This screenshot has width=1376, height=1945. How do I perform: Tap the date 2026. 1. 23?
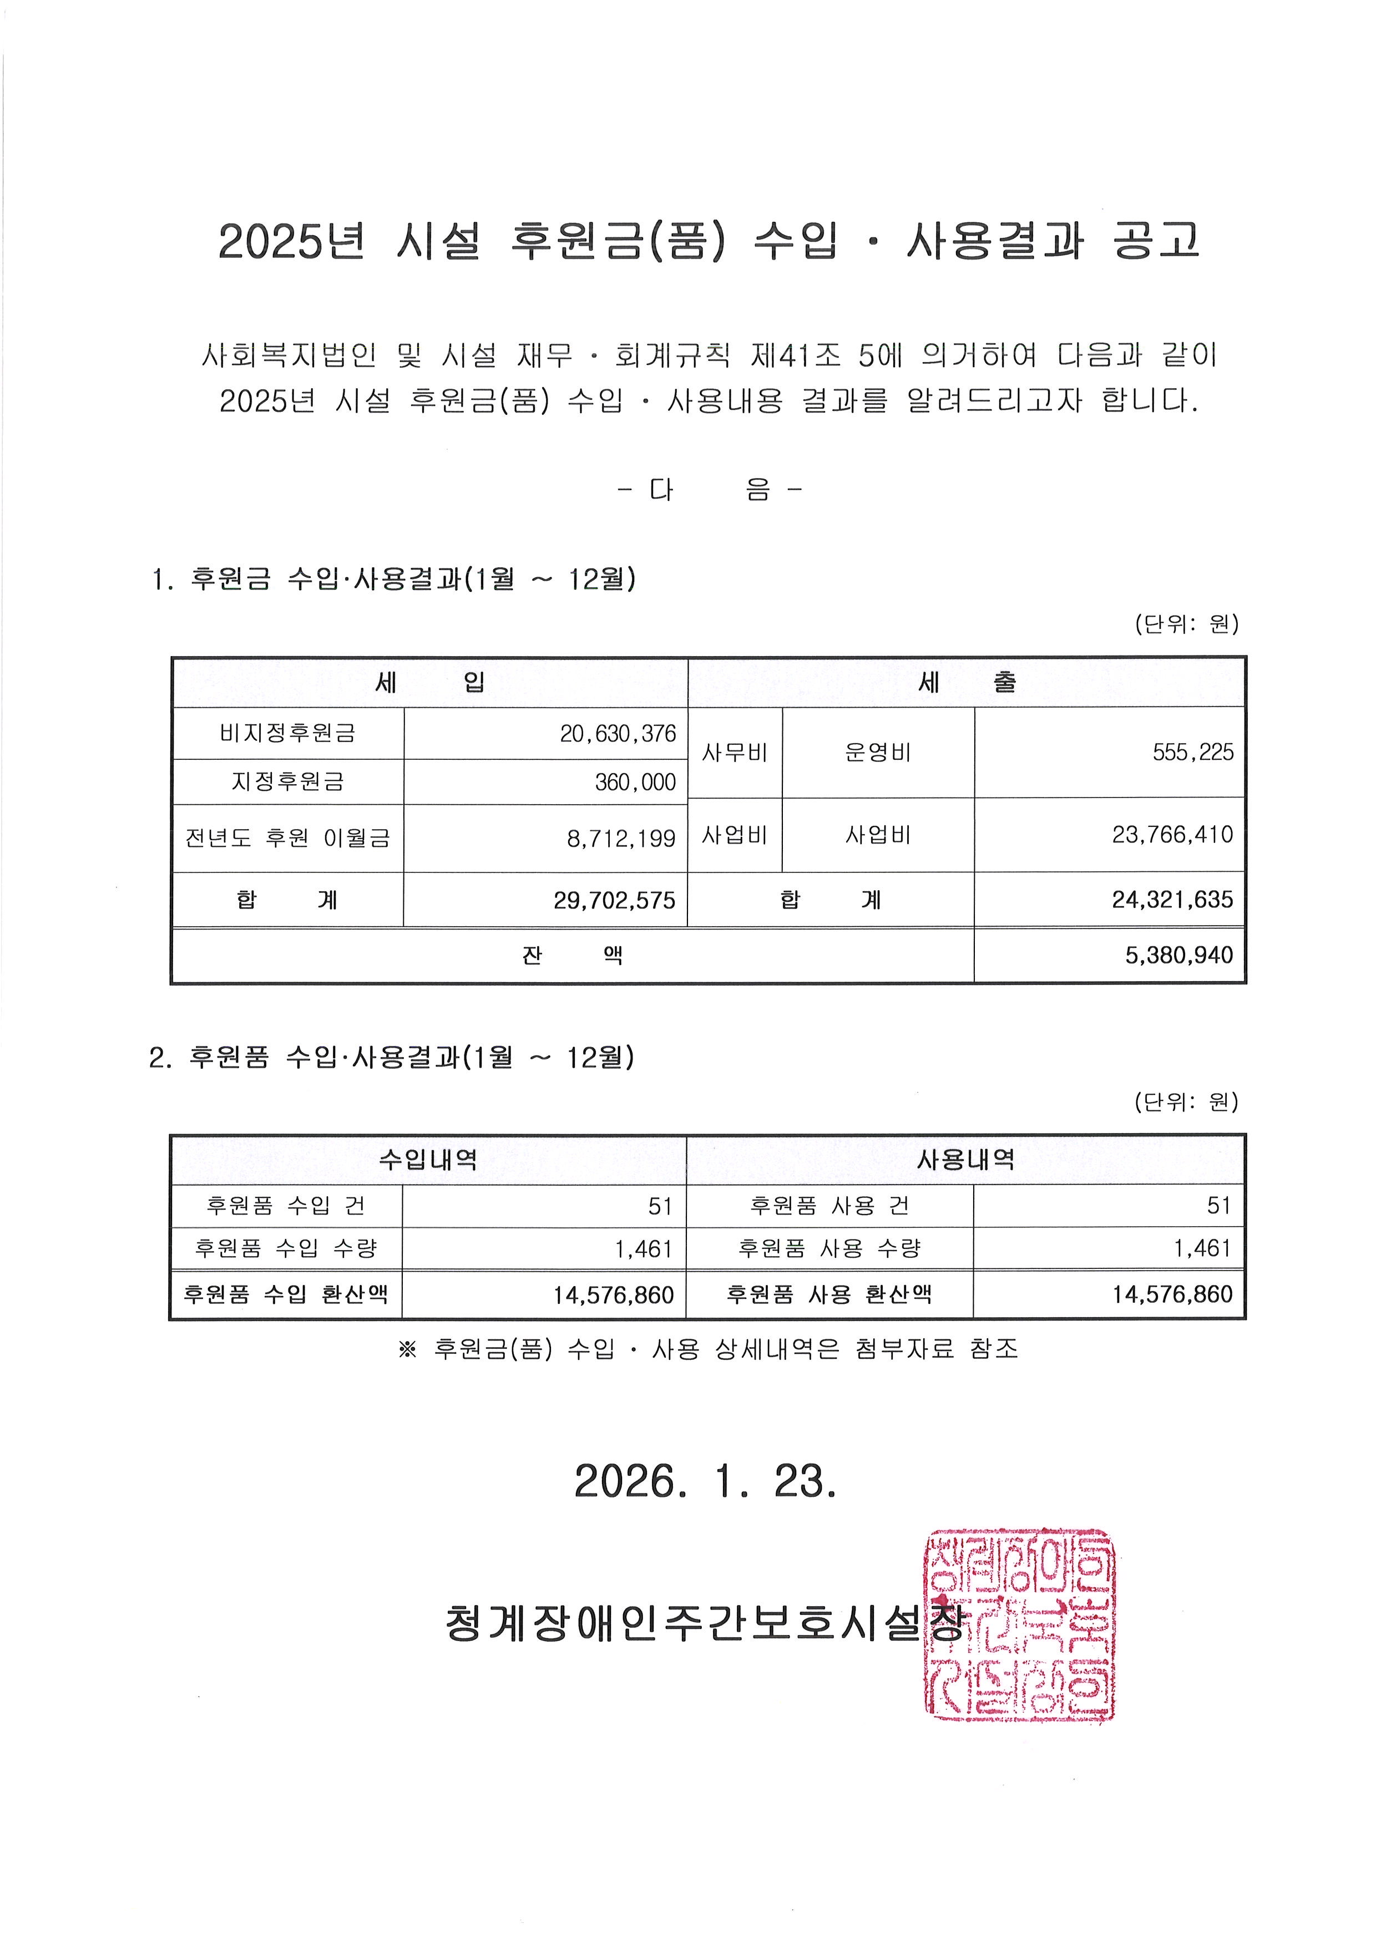pyautogui.click(x=705, y=1481)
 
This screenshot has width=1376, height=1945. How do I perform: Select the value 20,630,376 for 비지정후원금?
pyautogui.click(x=618, y=734)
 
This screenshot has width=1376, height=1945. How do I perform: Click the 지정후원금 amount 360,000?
pyautogui.click(x=635, y=782)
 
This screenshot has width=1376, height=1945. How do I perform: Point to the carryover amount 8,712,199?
pyautogui.click(x=621, y=839)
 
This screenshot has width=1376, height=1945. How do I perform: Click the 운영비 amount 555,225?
pyautogui.click(x=1192, y=752)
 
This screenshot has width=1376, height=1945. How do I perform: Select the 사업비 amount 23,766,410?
pyautogui.click(x=1172, y=835)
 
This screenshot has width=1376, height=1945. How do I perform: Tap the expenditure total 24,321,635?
pyautogui.click(x=1172, y=900)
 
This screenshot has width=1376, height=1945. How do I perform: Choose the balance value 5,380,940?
pyautogui.click(x=1178, y=956)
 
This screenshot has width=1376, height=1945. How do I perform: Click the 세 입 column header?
pyautogui.click(x=429, y=683)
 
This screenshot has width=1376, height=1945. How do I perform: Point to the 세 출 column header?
pyautogui.click(x=966, y=683)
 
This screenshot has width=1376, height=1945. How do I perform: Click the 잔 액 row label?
pyautogui.click(x=572, y=956)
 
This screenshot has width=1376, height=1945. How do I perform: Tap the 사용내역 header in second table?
pyautogui.click(x=965, y=1159)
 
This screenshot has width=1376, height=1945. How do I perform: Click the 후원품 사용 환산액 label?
pyautogui.click(x=828, y=1294)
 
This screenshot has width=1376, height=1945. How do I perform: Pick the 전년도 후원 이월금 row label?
pyautogui.click(x=288, y=839)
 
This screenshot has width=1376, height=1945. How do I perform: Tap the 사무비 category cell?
pyautogui.click(x=735, y=752)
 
